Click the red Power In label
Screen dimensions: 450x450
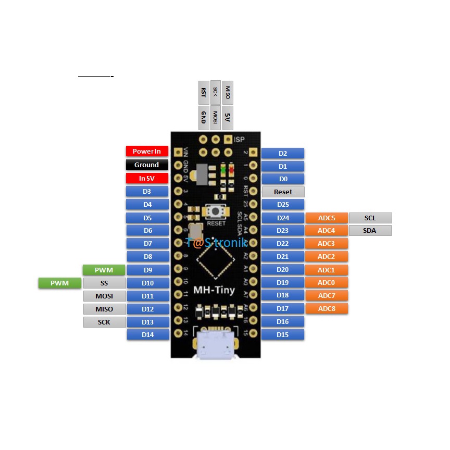pos(147,152)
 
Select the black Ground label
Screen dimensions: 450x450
pos(147,165)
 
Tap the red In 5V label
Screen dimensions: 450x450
pos(147,178)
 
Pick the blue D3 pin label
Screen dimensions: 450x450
pos(147,192)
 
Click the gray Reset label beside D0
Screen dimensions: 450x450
pos(283,192)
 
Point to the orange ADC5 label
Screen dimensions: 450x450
pos(326,218)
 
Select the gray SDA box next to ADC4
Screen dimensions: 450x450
pos(370,231)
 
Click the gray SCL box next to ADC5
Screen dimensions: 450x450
pos(370,218)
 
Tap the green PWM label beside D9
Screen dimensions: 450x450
pos(104,270)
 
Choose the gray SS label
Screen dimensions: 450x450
pos(104,283)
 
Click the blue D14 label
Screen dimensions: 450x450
pos(147,335)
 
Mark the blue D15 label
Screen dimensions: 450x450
pos(283,335)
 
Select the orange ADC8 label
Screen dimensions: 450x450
pos(326,309)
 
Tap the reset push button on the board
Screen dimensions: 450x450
pos(216,211)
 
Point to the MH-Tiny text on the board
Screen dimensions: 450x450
pos(214,290)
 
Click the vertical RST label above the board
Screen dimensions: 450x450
pos(203,92)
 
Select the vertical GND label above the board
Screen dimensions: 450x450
pos(203,118)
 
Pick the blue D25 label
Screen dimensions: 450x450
pos(283,205)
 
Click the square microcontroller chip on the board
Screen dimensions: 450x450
pos(215,259)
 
